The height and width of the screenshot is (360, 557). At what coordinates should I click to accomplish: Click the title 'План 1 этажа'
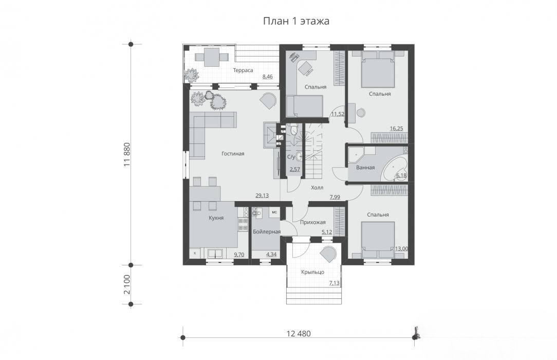296,21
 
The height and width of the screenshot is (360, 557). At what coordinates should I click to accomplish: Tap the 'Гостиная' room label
233,154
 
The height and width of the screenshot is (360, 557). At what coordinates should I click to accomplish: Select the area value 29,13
262,195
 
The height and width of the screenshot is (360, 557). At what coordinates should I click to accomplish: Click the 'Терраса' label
243,70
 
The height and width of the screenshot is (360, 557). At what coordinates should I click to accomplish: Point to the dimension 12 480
299,334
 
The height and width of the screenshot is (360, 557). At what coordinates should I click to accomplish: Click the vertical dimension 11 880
127,155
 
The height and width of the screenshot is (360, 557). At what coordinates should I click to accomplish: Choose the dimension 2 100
127,284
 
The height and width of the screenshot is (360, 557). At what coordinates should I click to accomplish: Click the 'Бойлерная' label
266,232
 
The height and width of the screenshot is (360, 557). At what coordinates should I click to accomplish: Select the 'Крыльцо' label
312,272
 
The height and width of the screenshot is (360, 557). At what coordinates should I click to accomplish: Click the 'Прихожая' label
312,223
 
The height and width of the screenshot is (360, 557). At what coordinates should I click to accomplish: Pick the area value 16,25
397,129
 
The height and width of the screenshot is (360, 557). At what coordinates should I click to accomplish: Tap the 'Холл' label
317,188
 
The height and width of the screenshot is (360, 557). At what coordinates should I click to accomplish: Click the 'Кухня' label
216,218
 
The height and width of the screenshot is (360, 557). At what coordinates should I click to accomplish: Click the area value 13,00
401,249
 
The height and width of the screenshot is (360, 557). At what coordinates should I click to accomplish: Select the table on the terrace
211,57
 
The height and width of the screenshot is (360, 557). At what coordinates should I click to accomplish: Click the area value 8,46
268,77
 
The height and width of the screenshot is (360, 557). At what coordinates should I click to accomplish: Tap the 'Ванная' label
365,167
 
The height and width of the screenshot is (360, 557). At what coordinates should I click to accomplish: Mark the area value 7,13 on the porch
335,283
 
